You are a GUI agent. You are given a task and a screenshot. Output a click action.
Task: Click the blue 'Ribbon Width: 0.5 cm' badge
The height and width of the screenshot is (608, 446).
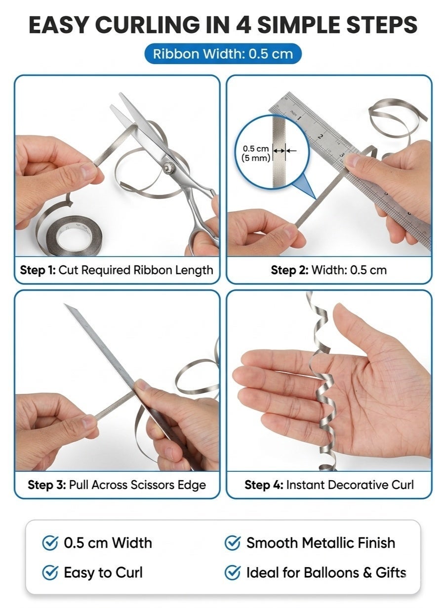(x=223, y=54)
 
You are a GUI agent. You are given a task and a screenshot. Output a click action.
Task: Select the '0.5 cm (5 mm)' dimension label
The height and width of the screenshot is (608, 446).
(x=256, y=153)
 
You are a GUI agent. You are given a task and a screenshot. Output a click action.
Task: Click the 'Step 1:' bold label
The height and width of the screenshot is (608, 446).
(x=38, y=270)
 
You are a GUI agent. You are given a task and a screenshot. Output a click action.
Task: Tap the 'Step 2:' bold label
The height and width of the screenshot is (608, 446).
(x=289, y=270)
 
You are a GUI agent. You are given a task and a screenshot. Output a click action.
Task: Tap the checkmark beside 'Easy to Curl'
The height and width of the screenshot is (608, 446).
(x=50, y=572)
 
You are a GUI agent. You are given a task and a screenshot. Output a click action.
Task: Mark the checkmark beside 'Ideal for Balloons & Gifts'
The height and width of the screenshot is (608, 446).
(x=233, y=572)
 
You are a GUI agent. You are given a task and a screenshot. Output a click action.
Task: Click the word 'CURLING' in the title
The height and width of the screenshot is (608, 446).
(x=148, y=25)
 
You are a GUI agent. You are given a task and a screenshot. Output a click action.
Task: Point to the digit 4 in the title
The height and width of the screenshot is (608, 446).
(x=243, y=25)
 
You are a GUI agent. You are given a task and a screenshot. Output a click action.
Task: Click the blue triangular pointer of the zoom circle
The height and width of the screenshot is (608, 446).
(x=305, y=187)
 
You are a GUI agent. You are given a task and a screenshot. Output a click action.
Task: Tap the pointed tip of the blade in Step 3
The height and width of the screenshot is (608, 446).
(x=65, y=304)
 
